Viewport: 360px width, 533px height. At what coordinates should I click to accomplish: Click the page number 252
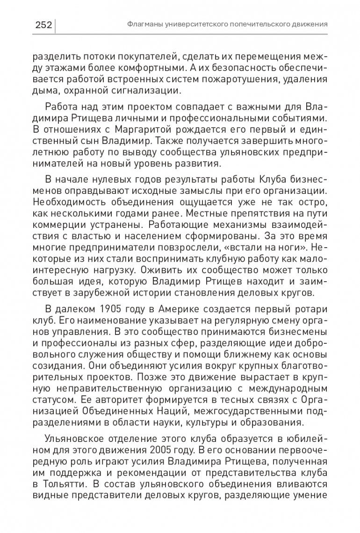coord(43,24)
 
